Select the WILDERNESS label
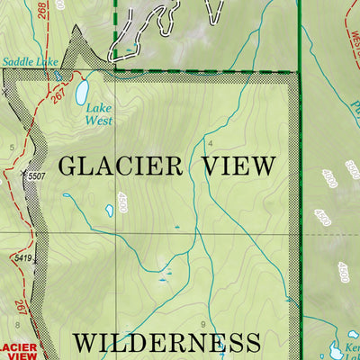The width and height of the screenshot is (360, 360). point(166,342)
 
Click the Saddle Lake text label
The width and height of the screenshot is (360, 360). point(29,62)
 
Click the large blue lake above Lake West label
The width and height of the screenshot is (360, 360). point(82,91)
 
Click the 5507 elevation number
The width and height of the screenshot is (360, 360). point(36,175)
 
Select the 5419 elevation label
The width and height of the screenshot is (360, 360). point(23,259)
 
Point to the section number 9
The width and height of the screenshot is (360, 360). point(204,324)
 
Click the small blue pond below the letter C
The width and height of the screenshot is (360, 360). point(110,210)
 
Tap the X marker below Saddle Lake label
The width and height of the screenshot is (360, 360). point(8,92)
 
